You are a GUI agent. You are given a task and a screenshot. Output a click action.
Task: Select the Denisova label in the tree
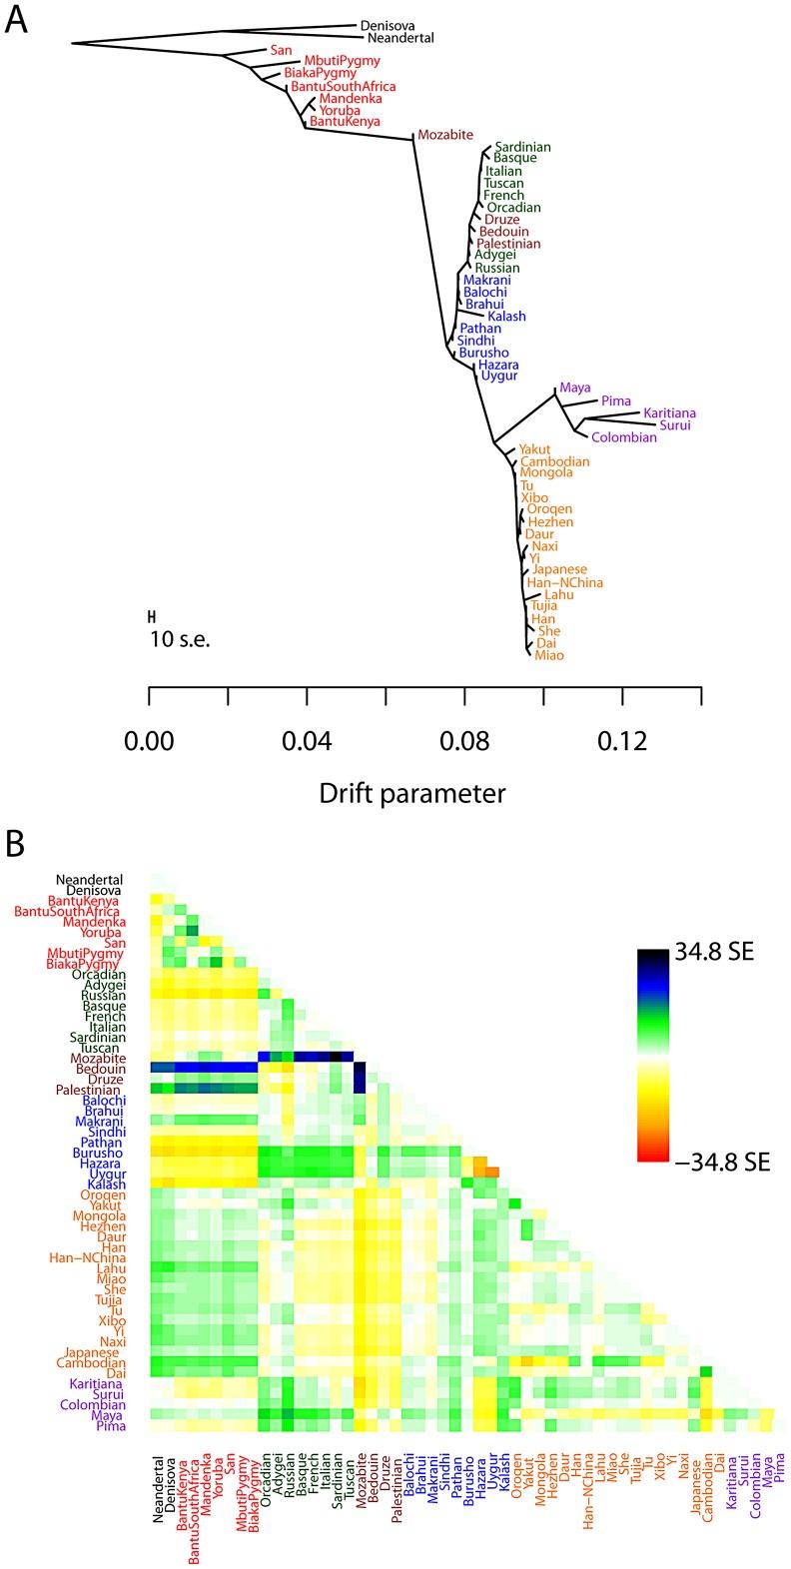pyautogui.click(x=387, y=26)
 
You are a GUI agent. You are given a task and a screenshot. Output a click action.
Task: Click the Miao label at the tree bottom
pyautogui.click(x=549, y=655)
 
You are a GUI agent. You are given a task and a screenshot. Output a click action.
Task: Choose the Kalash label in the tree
pyautogui.click(x=506, y=317)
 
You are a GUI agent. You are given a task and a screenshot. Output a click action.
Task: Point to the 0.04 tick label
pyautogui.click(x=307, y=741)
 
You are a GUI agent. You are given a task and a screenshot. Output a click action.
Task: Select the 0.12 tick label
pyautogui.click(x=622, y=741)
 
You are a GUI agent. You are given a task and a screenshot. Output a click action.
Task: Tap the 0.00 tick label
pyautogui.click(x=149, y=741)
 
